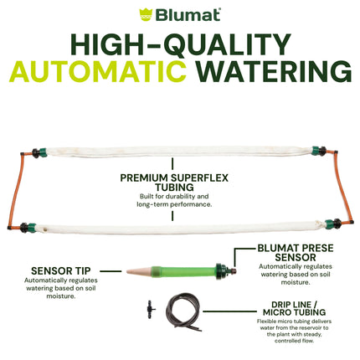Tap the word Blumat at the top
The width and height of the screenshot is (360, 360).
[x=187, y=14]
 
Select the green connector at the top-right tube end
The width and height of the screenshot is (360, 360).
[x=318, y=152]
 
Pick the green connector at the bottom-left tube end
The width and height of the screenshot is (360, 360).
[x=36, y=225]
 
